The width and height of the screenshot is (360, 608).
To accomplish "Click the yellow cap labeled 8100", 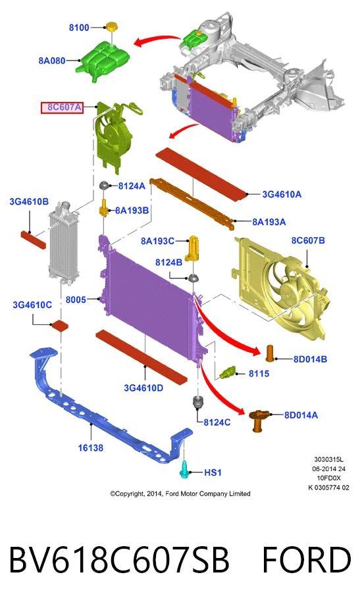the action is pyautogui.click(x=111, y=27).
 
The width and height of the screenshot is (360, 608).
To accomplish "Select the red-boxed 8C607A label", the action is pyautogui.click(x=63, y=107).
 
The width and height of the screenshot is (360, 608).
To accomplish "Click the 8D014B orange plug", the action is pyautogui.click(x=270, y=353).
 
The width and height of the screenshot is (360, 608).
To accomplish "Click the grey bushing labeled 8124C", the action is pyautogui.click(x=199, y=402).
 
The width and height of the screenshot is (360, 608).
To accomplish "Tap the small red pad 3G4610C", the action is pyautogui.click(x=60, y=325).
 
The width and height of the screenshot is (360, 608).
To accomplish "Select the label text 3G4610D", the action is pyautogui.click(x=143, y=388).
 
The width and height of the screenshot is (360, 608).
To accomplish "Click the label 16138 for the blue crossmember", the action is pyautogui.click(x=90, y=448).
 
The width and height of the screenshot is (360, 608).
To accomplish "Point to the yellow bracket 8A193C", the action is pyautogui.click(x=193, y=248).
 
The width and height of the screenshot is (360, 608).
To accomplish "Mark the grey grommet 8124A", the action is pyautogui.click(x=104, y=186).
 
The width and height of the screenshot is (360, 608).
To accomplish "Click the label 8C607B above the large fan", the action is pyautogui.click(x=308, y=240).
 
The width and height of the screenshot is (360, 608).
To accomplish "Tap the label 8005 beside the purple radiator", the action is pyautogui.click(x=76, y=299).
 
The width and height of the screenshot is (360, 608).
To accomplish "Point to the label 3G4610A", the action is pyautogui.click(x=282, y=194).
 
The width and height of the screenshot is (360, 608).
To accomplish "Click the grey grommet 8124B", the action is pyautogui.click(x=193, y=278).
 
